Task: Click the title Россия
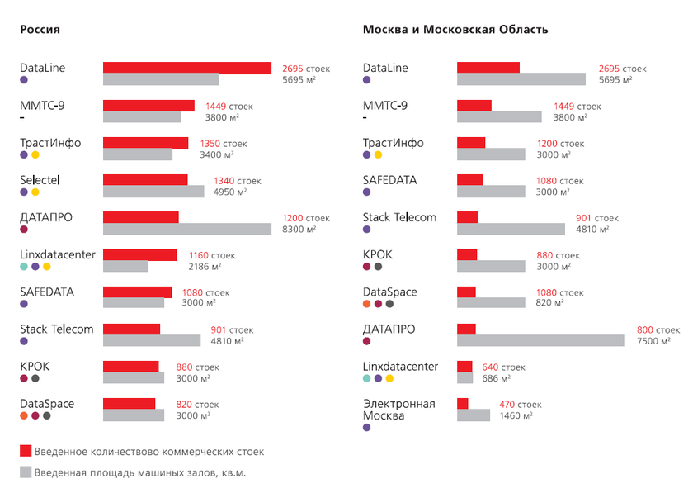coord(40,30)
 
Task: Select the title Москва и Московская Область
coord(455,30)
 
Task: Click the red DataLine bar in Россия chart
coord(186,68)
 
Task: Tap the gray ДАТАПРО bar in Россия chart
coord(186,229)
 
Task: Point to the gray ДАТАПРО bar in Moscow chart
coord(540,340)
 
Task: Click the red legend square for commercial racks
coord(26,451)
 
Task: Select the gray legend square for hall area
coord(26,472)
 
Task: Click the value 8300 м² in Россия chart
coord(299,229)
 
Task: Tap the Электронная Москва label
coord(398,410)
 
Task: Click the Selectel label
coord(40,179)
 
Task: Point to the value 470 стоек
coord(520,404)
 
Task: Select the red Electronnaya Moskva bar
coord(462,403)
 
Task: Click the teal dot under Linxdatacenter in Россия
coord(24,267)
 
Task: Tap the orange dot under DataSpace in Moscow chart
coord(367,304)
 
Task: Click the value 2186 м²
coord(205,266)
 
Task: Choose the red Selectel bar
coord(145,180)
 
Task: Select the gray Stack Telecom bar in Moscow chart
coord(511,229)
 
